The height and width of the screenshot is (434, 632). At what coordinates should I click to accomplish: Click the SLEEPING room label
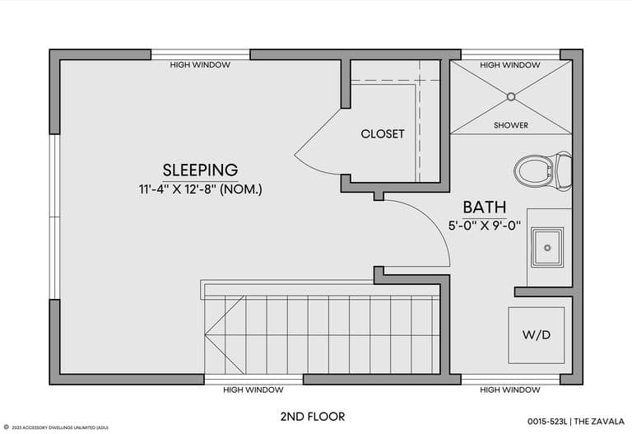(200, 170)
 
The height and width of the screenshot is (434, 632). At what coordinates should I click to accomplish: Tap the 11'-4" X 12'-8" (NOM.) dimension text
(201, 189)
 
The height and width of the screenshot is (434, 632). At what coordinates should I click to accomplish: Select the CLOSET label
(383, 133)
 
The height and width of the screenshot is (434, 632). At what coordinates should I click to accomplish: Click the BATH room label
(485, 207)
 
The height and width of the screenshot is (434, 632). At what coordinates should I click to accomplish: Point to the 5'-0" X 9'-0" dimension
(485, 225)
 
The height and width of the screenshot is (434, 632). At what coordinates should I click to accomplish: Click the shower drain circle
(511, 96)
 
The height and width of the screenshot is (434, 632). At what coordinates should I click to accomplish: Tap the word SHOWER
(511, 125)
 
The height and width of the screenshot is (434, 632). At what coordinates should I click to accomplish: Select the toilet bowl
(533, 171)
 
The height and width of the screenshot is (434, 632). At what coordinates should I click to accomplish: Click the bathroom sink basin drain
(547, 248)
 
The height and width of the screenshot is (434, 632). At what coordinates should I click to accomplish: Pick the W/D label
(537, 335)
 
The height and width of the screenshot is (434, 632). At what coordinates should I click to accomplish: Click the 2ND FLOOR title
(313, 417)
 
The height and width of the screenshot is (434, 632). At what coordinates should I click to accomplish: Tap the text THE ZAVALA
(599, 422)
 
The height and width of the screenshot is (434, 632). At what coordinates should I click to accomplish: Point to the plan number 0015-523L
(547, 422)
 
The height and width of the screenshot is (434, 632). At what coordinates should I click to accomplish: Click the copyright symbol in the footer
(6, 427)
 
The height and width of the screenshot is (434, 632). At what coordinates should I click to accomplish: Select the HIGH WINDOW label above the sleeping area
(200, 64)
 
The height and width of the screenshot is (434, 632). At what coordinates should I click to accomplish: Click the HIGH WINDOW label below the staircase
(253, 390)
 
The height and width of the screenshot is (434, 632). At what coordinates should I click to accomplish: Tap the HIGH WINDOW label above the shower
(510, 65)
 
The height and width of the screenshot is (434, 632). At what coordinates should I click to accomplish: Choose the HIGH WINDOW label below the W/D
(510, 390)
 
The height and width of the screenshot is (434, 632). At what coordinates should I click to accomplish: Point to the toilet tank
(563, 171)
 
